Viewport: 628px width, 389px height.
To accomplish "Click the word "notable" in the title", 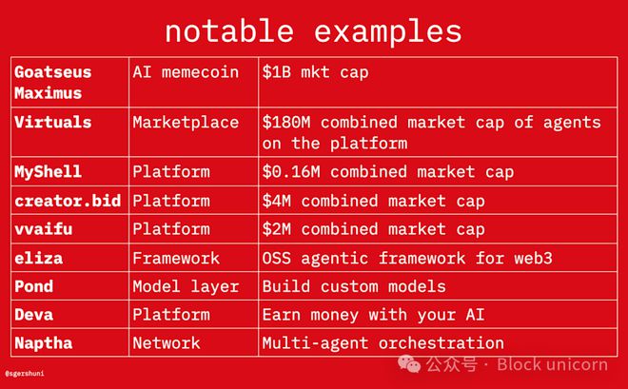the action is pos(229,31).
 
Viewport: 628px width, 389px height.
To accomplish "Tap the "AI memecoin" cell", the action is pos(186,72).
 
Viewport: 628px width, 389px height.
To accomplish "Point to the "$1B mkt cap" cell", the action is pos(315,72).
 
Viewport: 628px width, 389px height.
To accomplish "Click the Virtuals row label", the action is pos(53,122).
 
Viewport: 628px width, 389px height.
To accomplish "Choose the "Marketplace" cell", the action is pos(186,123).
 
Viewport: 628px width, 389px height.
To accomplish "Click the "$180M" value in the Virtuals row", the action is pos(286,123).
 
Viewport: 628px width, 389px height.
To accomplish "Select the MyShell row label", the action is pos(49,172).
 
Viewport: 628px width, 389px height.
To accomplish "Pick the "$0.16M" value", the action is pos(291,172).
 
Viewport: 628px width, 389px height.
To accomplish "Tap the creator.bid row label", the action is pos(68,201).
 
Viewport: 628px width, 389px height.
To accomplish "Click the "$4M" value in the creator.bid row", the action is pos(276,201).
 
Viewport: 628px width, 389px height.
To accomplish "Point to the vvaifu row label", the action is pos(43,229).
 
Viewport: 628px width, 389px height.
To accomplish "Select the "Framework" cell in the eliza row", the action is pos(176,258).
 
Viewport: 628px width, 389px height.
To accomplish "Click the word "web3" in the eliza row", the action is pos(533,258).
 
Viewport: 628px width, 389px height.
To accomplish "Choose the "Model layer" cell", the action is pos(186,286).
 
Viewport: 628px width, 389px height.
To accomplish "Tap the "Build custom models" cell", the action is pos(354,286).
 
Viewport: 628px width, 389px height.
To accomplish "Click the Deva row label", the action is pos(33,315).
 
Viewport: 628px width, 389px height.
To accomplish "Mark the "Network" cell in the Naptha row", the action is pos(167,343).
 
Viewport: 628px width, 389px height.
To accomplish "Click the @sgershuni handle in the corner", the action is pos(25,374).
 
